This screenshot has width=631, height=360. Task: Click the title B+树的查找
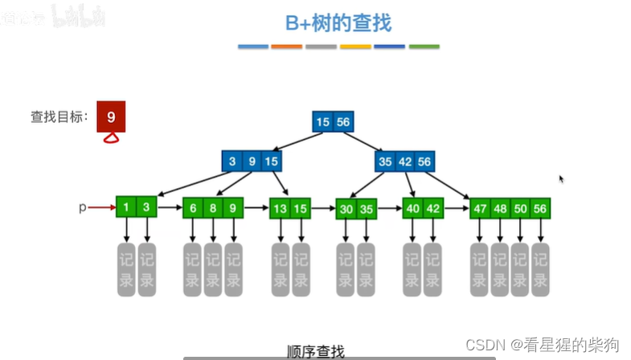point(338,23)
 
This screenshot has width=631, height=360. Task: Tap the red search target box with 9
point(111,117)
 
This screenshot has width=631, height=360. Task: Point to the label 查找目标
point(59,117)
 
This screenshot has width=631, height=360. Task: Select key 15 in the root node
point(322,122)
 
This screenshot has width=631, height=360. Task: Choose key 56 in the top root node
point(343,122)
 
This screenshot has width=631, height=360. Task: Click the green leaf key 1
point(126,207)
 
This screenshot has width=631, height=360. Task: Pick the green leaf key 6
point(193,208)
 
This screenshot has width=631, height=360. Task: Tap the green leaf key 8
point(213,208)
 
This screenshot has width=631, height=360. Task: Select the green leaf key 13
point(279,208)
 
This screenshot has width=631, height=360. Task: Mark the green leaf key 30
point(346,209)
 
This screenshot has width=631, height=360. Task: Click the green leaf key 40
point(412,208)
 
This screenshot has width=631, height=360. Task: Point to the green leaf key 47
point(480,208)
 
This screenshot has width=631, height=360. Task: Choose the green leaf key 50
point(520,208)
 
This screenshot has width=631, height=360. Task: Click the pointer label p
point(82,207)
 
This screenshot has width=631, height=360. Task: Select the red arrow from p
point(101,207)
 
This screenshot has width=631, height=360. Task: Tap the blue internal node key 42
point(404,162)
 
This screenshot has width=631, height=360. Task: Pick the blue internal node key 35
point(384,162)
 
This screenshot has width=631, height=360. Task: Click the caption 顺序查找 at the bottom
point(315,351)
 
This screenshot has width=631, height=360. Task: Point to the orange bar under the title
point(287,47)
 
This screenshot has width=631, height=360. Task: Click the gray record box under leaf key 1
point(126,271)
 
